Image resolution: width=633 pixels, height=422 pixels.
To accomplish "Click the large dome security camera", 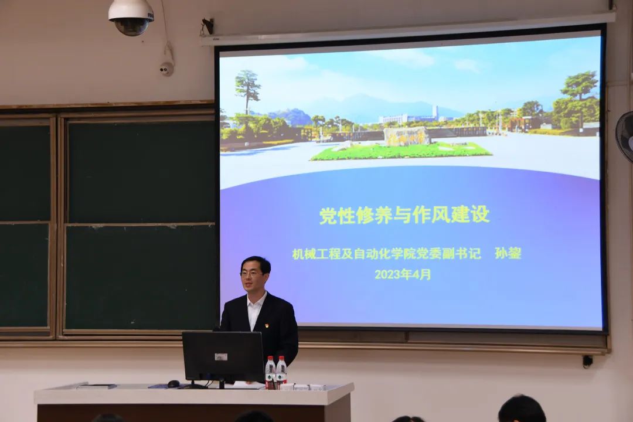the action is [x=131, y=17].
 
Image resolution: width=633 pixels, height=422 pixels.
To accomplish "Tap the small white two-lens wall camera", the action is [x=166, y=70].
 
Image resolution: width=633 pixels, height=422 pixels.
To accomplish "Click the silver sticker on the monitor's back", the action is [x=221, y=357].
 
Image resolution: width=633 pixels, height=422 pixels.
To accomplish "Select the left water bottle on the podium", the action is [x=270, y=373].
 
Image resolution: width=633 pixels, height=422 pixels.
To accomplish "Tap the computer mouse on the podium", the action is [x=173, y=383].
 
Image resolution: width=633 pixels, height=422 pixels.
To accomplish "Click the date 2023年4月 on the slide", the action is [x=403, y=275].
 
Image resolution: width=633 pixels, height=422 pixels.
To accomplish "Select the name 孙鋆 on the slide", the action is [x=508, y=254].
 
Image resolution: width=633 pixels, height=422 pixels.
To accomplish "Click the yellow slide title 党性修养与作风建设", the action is [x=404, y=215].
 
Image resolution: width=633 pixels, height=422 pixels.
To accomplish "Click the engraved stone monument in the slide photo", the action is [x=406, y=137].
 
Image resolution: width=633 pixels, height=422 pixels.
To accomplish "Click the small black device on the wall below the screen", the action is [x=587, y=360].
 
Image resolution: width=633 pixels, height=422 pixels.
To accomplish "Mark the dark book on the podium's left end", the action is [x=97, y=386].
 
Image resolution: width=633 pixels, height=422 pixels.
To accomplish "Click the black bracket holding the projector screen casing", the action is [x=207, y=26].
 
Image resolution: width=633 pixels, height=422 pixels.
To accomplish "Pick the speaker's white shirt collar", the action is [x=256, y=301].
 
